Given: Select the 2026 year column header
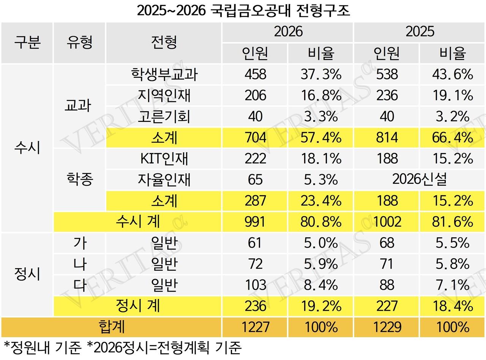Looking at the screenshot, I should [288, 32].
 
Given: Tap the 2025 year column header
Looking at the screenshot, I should [420, 32].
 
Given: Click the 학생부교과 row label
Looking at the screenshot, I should [164, 74].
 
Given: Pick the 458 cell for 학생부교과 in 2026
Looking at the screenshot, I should [255, 74].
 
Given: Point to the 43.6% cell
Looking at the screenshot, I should [452, 74].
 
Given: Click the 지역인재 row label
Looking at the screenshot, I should [164, 95].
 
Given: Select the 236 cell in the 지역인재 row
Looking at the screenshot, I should [387, 95].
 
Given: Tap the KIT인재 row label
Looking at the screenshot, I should [164, 158].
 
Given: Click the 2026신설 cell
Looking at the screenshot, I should [420, 179].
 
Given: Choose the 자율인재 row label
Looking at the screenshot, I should [164, 179].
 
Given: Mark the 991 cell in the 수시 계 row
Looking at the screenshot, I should [255, 221].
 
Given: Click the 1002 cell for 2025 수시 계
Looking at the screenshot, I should [387, 221].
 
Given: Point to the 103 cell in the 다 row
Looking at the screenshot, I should [255, 284].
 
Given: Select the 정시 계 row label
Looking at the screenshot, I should [137, 306].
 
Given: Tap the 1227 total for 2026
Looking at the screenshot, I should [255, 327].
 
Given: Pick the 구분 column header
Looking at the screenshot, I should [27, 42].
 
